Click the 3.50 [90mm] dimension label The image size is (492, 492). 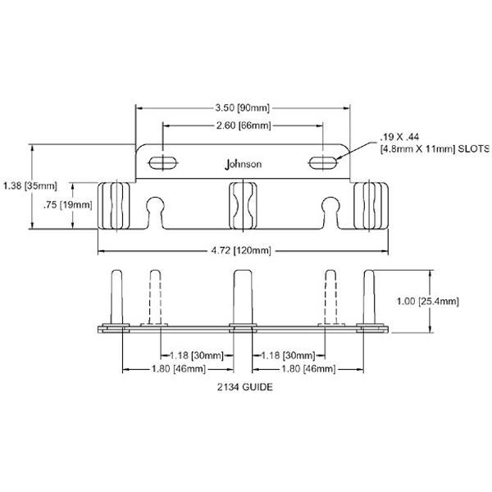tap(243, 107)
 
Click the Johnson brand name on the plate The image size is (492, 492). tap(243, 164)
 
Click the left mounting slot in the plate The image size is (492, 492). tap(163, 160)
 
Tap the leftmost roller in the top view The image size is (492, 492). tap(116, 207)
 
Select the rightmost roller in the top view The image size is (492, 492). tap(369, 207)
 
